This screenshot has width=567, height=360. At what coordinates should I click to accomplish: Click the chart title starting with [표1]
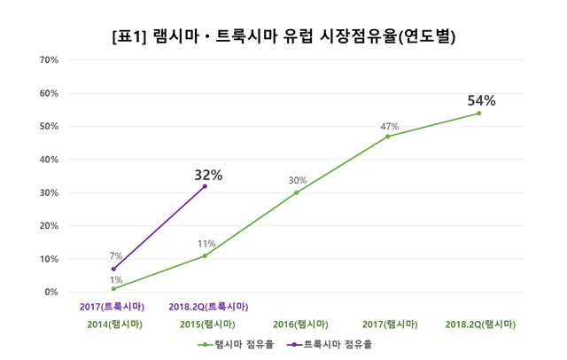284,37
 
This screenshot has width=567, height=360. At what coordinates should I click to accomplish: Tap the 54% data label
481,100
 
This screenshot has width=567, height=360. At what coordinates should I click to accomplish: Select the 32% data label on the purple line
208,175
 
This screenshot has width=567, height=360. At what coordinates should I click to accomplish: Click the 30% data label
297,181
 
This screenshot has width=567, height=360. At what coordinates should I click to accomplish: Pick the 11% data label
206,244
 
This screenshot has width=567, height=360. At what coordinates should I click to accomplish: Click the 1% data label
116,279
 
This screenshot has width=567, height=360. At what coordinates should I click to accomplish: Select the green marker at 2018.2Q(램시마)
478,113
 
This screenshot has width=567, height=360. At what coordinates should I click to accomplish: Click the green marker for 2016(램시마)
296,192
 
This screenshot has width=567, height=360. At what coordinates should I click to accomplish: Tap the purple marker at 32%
205,186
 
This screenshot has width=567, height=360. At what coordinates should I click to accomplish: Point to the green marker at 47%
387,137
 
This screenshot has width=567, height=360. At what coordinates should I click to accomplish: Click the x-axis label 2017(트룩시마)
111,307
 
